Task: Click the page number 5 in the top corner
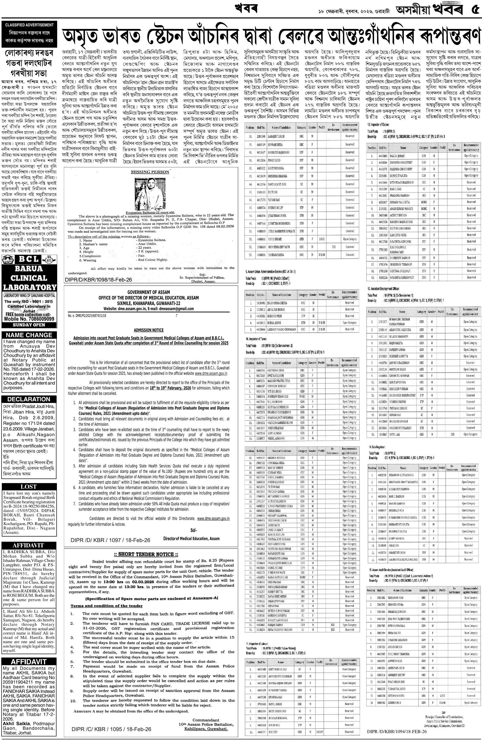click(x=474, y=10)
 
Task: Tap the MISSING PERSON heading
click(x=150, y=172)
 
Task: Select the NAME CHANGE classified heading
click(x=29, y=335)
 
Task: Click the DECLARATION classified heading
click(x=29, y=399)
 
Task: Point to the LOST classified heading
click(x=29, y=487)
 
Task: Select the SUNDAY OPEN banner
click(x=29, y=325)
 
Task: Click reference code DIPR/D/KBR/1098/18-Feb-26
click(x=98, y=280)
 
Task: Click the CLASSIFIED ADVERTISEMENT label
click(x=29, y=25)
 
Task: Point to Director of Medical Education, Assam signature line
click(x=191, y=538)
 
